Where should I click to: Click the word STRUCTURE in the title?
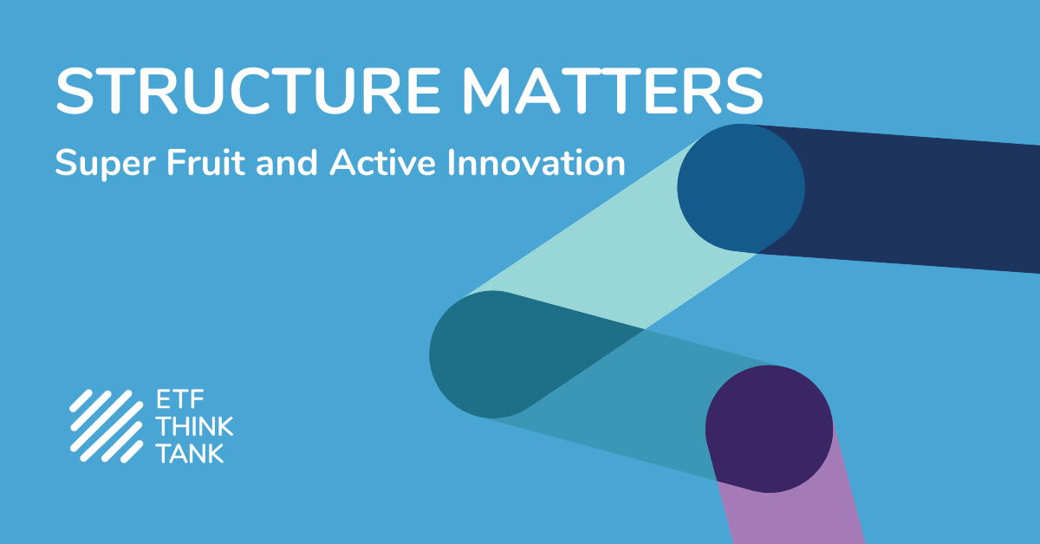[x=248, y=90]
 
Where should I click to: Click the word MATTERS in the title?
[x=613, y=90]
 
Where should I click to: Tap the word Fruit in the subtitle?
[x=205, y=162]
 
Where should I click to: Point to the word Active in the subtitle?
[x=382, y=162]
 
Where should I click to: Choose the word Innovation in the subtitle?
[x=536, y=162]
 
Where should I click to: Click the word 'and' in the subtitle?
[x=287, y=162]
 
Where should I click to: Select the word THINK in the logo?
[x=195, y=426]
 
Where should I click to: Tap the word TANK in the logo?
[x=191, y=453]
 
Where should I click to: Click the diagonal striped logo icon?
[x=107, y=426]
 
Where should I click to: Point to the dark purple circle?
[x=770, y=429]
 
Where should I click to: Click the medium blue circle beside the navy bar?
[x=741, y=188]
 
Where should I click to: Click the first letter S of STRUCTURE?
[x=75, y=90]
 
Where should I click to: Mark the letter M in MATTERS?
[x=487, y=90]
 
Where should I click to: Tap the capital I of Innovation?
[x=451, y=162]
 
